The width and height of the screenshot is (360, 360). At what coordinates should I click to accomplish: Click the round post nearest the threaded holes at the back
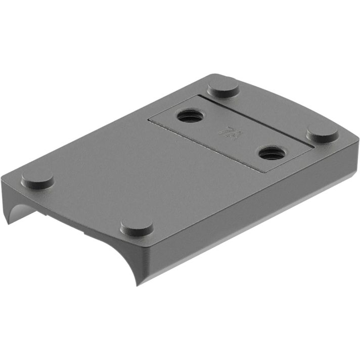pos(223,89)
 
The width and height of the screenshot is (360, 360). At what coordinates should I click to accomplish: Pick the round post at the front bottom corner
pos(137,226)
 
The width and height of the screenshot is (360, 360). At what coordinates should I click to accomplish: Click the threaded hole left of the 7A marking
pos(191,116)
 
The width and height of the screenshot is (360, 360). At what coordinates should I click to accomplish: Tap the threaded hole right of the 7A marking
pos(272,152)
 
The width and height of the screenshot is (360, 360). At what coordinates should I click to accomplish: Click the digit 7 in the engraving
pos(221,130)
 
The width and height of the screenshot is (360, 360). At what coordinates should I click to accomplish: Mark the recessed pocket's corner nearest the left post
pos(148,120)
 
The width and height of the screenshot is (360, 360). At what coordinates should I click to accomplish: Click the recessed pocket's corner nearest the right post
pos(313,147)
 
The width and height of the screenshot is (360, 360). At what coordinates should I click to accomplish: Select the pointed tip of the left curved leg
pos(7,223)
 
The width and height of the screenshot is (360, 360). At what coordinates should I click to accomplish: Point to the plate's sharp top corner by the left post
pos(2,179)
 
